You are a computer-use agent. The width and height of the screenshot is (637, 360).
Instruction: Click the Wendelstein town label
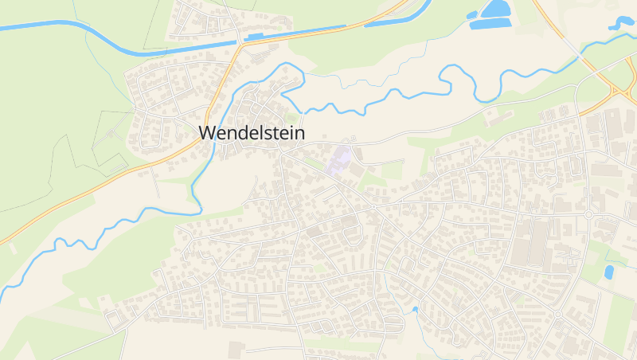point(251,133)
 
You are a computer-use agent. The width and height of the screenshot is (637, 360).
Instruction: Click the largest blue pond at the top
point(495,10)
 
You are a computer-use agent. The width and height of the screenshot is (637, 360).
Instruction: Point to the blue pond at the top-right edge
point(622,22)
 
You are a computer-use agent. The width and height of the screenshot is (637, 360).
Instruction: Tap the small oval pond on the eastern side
point(609,272)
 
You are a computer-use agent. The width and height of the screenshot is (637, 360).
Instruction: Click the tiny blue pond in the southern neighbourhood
point(415,309)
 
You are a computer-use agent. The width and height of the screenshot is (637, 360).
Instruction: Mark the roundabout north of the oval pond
point(588,215)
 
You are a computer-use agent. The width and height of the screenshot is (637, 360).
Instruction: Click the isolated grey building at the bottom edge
point(236,350)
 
